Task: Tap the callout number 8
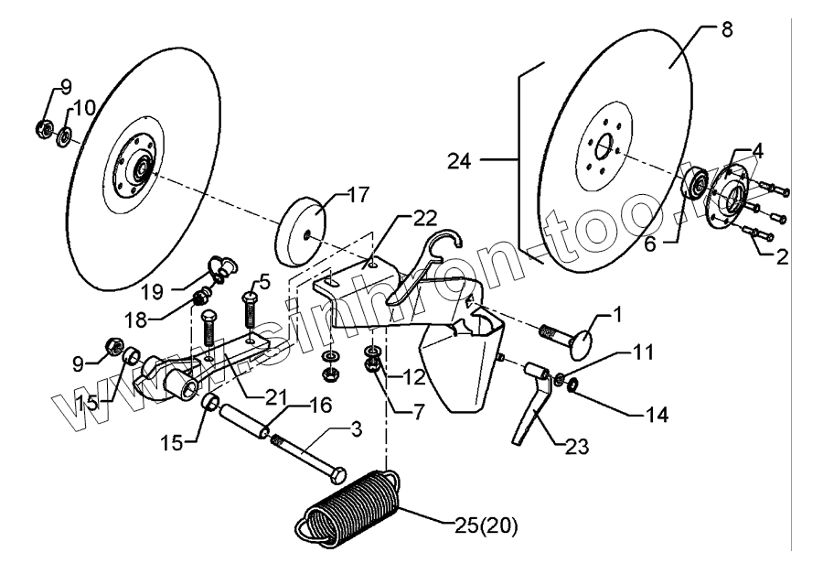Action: coord(726,29)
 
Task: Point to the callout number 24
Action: coord(460,161)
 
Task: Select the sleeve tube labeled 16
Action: coord(243,417)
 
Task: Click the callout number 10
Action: coord(83,108)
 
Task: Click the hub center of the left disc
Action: coord(141,168)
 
